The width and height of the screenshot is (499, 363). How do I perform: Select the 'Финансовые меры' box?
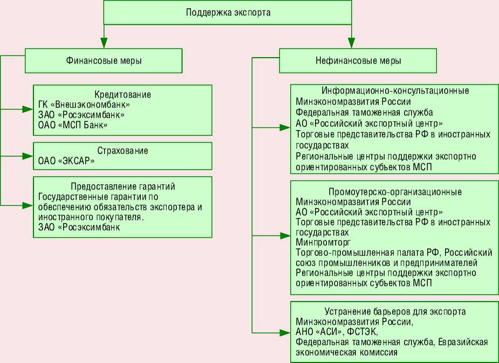[104, 61]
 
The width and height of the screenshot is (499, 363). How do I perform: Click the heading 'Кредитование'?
[123, 94]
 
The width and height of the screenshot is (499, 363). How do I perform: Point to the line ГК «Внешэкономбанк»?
[84, 104]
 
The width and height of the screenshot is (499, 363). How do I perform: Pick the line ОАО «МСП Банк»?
[73, 125]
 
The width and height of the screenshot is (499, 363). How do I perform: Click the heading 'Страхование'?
[122, 150]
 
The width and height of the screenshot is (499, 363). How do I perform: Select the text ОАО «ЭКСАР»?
[67, 160]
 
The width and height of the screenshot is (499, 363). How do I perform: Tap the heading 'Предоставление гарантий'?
[123, 186]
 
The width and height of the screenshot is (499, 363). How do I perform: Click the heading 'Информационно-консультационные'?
[395, 90]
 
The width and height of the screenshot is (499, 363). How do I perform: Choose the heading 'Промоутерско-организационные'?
[395, 192]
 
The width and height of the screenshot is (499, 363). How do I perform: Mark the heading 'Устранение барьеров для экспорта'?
[395, 312]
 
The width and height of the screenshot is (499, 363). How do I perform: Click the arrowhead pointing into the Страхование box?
[28, 156]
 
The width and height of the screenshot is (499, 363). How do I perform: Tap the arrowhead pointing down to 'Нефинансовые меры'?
[351, 43]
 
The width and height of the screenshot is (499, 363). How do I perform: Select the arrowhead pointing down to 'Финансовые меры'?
[104, 43]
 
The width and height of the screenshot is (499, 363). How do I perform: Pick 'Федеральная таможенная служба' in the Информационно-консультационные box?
[364, 112]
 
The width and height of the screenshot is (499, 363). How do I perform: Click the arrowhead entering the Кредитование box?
[28, 109]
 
